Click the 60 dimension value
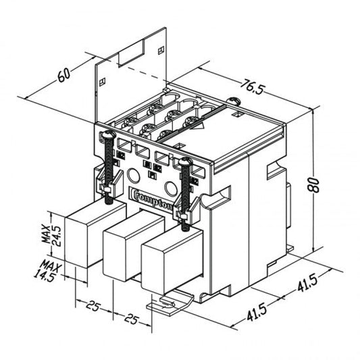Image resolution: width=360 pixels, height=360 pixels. [65, 74]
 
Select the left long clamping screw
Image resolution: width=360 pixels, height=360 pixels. [107, 162]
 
